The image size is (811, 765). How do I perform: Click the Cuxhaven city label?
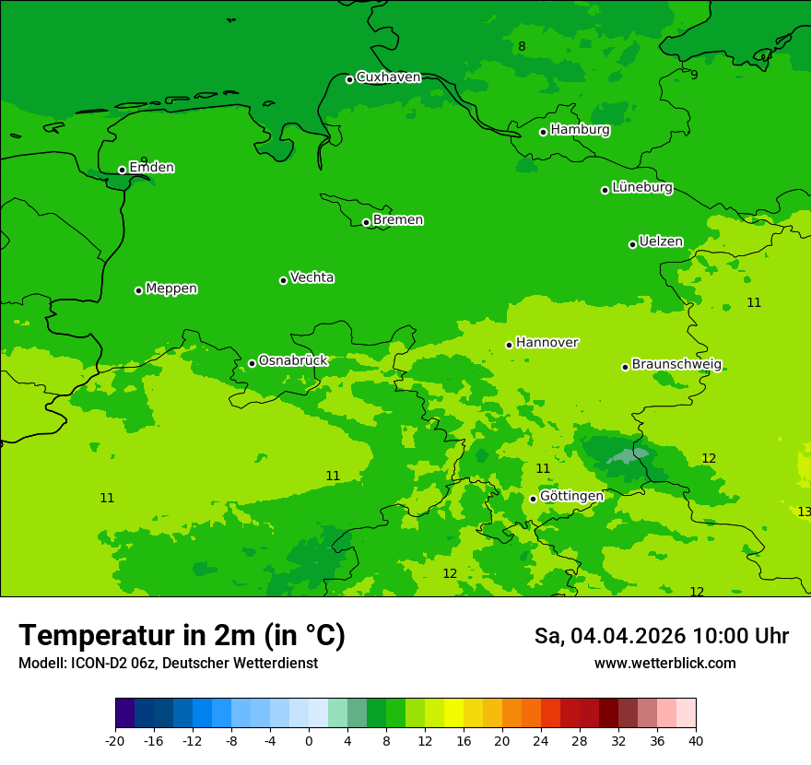(388, 77)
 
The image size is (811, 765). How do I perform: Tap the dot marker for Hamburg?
(544, 132)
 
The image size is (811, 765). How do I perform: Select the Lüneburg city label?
(641, 188)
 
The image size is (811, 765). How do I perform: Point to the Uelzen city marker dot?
(633, 244)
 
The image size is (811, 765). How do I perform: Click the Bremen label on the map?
(397, 220)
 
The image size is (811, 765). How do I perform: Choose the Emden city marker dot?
(122, 170)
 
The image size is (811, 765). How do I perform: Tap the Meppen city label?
(171, 288)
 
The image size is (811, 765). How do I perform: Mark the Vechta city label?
(311, 277)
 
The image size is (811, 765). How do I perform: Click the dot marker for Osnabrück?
(252, 363)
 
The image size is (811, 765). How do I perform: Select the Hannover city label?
(547, 343)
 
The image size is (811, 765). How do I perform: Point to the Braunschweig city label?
(676, 365)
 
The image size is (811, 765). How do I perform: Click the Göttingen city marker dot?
(533, 499)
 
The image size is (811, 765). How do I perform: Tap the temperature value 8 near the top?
(522, 47)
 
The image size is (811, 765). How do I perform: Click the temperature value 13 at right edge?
(804, 512)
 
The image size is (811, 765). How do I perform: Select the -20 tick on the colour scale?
(115, 741)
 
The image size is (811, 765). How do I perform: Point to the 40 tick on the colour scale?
(696, 741)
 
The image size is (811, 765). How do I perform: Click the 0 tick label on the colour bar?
(309, 741)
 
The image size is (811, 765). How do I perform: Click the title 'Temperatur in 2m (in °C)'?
(182, 636)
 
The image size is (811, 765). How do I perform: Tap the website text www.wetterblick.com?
(664, 664)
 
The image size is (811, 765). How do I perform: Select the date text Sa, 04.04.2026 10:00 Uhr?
(661, 636)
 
